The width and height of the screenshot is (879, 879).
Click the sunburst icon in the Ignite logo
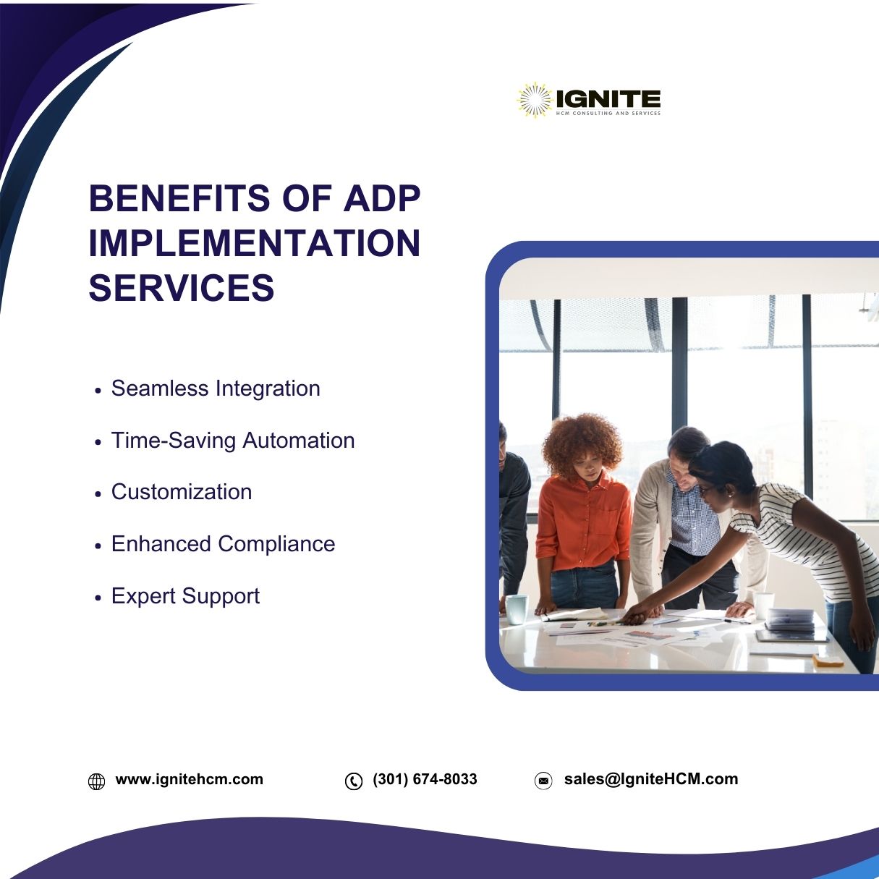535,100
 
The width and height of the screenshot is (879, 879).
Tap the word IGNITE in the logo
608,98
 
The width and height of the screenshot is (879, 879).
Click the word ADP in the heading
382,198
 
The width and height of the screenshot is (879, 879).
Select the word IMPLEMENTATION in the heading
254,243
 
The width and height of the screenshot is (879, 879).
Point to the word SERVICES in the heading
182,287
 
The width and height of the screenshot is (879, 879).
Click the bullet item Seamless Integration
216,388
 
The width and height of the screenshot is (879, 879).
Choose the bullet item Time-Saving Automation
233,441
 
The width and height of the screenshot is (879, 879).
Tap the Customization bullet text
182,492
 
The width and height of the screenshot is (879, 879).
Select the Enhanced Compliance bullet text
223,544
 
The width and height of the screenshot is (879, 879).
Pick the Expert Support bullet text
186,596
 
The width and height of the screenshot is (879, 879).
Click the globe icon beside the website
96,781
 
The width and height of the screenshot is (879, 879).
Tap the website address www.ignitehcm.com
190,779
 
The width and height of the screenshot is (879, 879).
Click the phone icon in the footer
354,781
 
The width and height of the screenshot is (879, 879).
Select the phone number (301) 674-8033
425,779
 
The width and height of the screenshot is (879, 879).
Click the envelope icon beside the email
543,781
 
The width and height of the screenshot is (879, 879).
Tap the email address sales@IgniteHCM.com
651,779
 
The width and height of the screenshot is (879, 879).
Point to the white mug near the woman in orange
516,609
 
